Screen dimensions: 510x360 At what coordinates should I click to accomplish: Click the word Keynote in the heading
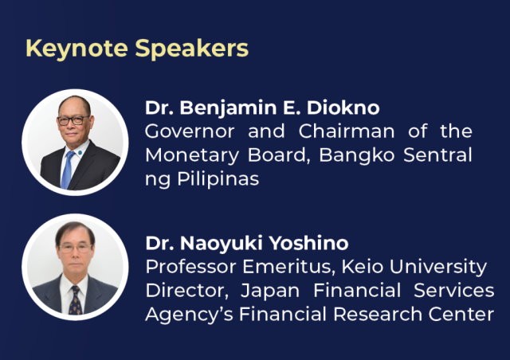(x=76, y=49)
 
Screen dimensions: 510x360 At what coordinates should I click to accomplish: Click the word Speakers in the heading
(x=191, y=49)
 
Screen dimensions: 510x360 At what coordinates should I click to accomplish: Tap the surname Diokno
(x=343, y=108)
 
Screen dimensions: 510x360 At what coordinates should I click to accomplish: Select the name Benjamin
(x=229, y=108)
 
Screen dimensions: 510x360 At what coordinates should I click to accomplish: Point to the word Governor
(x=190, y=131)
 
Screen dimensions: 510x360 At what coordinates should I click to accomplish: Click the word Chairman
(x=347, y=131)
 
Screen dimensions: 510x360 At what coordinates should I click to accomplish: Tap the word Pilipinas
(x=218, y=179)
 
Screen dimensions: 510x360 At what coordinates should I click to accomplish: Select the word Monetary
(x=192, y=155)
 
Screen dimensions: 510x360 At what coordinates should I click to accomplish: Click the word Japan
(x=269, y=291)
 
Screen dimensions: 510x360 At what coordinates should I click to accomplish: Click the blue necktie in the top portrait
(x=67, y=170)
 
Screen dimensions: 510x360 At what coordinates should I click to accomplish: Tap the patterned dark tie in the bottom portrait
(x=76, y=300)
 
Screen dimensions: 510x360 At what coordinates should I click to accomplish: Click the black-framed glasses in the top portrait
(x=73, y=120)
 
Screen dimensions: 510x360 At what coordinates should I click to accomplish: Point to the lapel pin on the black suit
(x=80, y=152)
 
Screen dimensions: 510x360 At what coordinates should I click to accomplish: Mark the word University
(x=437, y=268)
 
